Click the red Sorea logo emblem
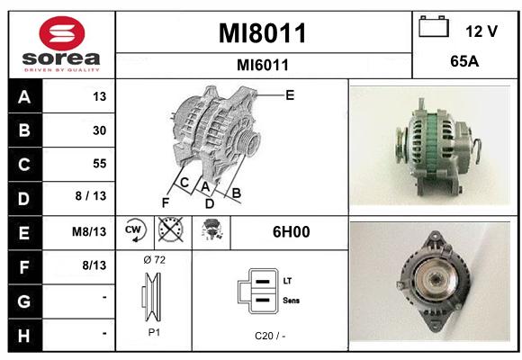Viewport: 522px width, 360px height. [x=62, y=33]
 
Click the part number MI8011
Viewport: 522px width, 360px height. [x=262, y=33]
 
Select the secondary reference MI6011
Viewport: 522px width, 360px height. [x=262, y=65]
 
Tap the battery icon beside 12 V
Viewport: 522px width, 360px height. [x=434, y=27]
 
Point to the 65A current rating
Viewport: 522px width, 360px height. [x=464, y=61]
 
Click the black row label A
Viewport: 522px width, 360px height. [x=24, y=97]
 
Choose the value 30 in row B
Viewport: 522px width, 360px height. [x=100, y=130]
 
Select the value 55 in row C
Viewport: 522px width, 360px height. [x=100, y=164]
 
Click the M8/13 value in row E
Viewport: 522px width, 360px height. [x=89, y=231]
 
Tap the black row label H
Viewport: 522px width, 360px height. [x=24, y=336]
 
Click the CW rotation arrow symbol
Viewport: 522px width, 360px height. [x=135, y=230]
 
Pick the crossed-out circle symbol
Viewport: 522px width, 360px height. [x=171, y=229]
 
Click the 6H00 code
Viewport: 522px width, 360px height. [x=291, y=232]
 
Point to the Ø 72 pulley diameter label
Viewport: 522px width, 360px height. [x=155, y=260]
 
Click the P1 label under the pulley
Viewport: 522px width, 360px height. [x=154, y=332]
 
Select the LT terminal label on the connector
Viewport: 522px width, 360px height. [x=287, y=281]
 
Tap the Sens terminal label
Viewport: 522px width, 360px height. [x=291, y=301]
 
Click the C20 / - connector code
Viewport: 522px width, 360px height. [x=270, y=336]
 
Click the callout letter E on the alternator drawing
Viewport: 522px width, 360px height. [x=290, y=95]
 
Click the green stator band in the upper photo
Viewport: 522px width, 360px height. [x=431, y=142]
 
